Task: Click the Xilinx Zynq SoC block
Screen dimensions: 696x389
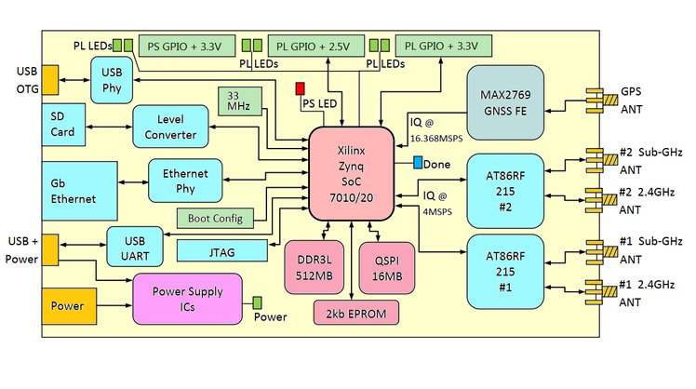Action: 351,174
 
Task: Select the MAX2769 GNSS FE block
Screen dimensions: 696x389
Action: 505,102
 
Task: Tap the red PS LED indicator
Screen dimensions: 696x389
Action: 300,88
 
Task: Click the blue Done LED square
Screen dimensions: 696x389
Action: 418,163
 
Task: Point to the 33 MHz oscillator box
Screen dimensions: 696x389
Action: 240,101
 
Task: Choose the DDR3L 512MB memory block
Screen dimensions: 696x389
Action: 314,267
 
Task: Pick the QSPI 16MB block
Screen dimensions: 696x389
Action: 387,268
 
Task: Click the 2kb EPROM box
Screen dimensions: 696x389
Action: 356,313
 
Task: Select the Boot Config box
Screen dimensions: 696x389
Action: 215,218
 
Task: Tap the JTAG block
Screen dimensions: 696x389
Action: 222,251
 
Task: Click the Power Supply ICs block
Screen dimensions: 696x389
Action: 187,299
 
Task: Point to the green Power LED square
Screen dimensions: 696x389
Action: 257,302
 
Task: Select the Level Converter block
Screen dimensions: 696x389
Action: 170,127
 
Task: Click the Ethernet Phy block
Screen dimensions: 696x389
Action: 185,181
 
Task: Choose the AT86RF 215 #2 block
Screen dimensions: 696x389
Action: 505,191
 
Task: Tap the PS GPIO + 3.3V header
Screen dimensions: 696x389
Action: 187,46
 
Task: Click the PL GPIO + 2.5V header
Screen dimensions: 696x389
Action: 316,46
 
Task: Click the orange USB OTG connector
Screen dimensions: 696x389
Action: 50,80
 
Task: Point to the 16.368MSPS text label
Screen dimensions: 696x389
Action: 436,139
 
